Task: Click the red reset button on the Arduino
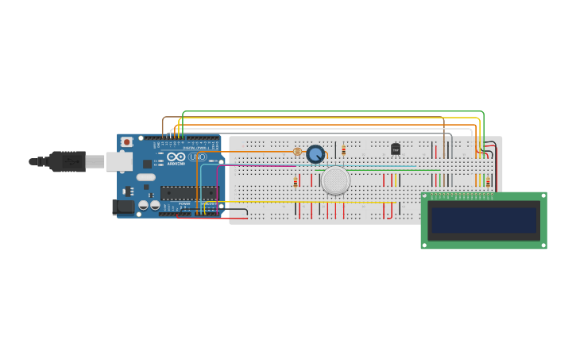[x=126, y=142]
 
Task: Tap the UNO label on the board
[x=198, y=157]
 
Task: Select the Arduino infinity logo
[x=176, y=157]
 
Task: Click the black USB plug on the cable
[x=67, y=161]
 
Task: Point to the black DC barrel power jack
[x=124, y=207]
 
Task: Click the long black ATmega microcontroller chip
[x=188, y=192]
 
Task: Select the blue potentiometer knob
[x=315, y=154]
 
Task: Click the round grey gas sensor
[x=335, y=180]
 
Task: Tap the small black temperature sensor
[x=395, y=149]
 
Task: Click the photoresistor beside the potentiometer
[x=298, y=151]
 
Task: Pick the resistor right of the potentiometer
[x=343, y=150]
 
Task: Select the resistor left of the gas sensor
[x=296, y=182]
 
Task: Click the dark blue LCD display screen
[x=483, y=220]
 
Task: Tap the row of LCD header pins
[x=459, y=195]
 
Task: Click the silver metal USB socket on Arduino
[x=119, y=162]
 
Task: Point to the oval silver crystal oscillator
[x=145, y=177]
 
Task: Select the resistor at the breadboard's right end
[x=488, y=182]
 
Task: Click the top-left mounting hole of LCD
[x=425, y=196]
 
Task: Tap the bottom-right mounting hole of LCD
[x=543, y=245]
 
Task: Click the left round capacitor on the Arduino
[x=144, y=205]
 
